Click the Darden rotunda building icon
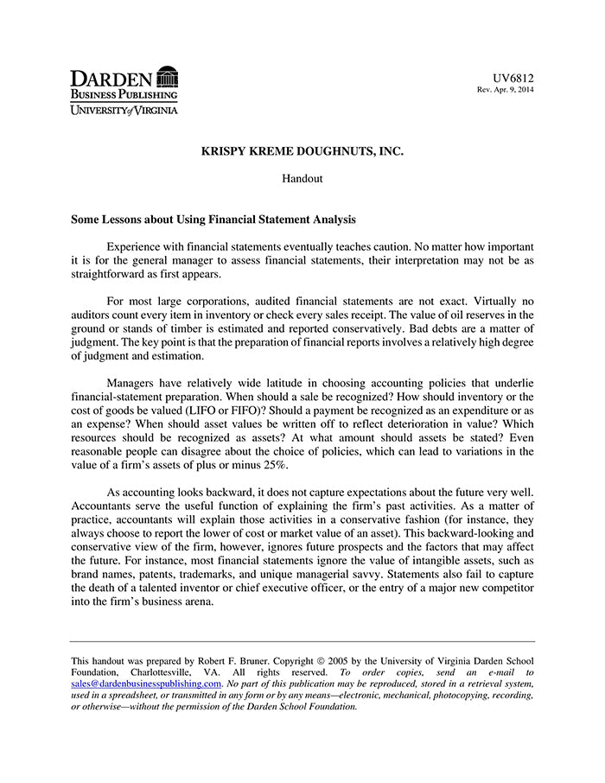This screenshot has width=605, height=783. (168, 76)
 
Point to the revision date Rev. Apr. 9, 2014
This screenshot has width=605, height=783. (506, 90)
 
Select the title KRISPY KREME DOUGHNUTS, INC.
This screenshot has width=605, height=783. (302, 151)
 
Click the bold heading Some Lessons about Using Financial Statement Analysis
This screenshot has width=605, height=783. (213, 220)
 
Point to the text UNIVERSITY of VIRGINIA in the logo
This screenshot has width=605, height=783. (124, 110)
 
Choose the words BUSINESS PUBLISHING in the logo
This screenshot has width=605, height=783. (124, 94)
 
